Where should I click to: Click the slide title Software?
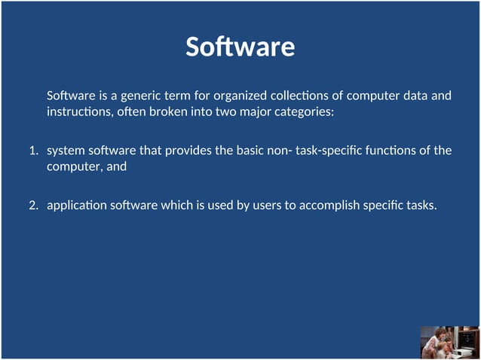[240, 47]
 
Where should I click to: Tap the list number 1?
[33, 151]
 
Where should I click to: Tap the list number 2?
[33, 205]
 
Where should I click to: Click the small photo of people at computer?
[449, 342]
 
